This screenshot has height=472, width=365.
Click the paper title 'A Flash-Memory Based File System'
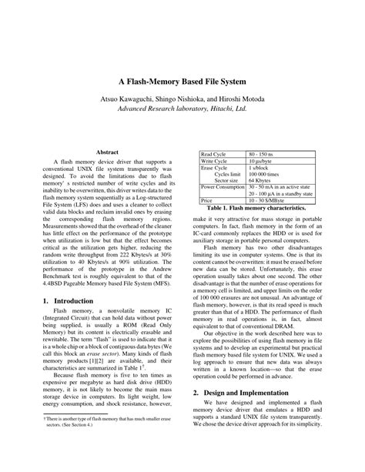pyautogui.click(x=182, y=80)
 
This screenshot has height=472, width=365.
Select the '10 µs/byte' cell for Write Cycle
pyautogui.click(x=263, y=162)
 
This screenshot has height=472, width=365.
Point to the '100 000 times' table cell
pyautogui.click(x=264, y=175)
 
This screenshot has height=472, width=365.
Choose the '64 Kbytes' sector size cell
pyautogui.click(x=261, y=182)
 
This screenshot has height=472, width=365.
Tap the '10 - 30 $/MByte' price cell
pyautogui.click(x=266, y=201)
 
